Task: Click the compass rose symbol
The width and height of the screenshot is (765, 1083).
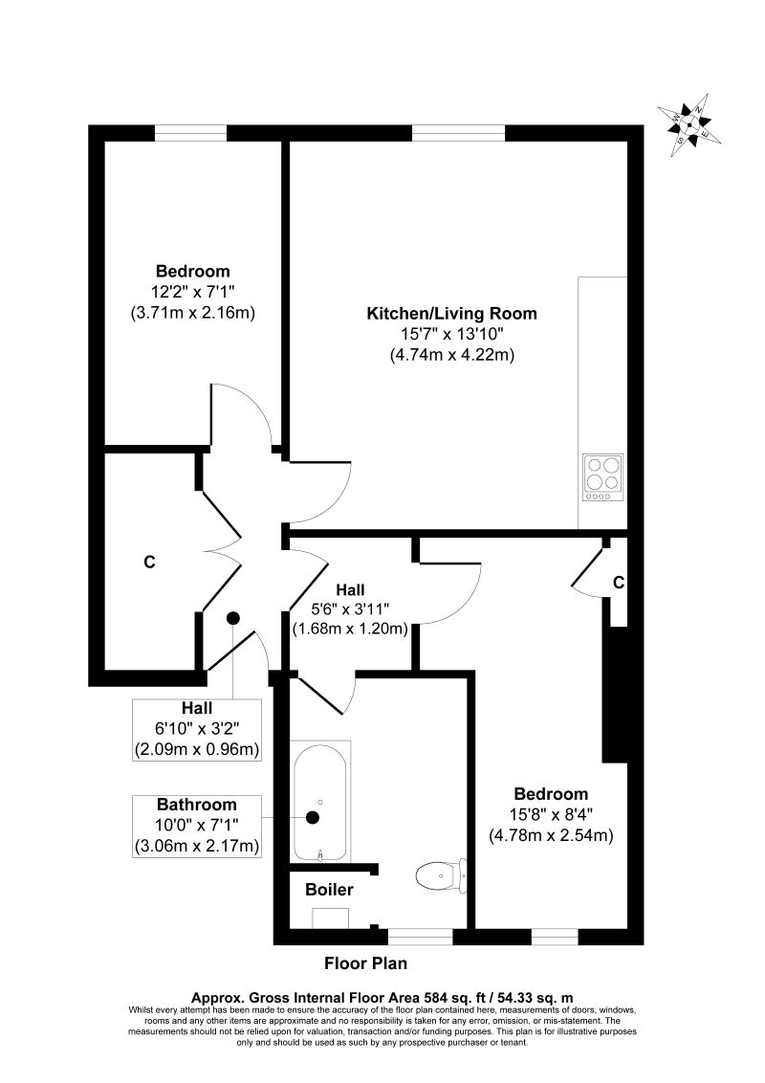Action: [x=690, y=122]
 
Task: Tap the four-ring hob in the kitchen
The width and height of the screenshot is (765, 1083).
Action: [x=602, y=476]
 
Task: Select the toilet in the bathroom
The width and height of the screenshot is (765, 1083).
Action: [x=440, y=873]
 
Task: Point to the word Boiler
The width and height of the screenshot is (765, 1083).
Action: [x=329, y=890]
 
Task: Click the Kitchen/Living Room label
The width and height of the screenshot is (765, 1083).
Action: [x=452, y=313]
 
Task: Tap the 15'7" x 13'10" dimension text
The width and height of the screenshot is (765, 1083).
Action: [x=452, y=334]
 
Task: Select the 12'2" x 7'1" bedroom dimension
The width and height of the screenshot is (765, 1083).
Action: [x=192, y=292]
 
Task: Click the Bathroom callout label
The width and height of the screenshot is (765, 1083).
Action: [x=197, y=804]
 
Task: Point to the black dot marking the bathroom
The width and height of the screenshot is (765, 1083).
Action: [x=313, y=817]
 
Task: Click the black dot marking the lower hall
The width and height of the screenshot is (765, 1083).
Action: [x=233, y=618]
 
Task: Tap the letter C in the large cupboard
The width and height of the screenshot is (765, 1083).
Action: [x=149, y=563]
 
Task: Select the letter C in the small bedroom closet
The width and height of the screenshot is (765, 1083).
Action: [x=619, y=582]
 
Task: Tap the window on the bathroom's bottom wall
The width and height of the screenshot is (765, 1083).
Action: [x=421, y=936]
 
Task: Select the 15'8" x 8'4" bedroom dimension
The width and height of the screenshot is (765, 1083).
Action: [x=550, y=814]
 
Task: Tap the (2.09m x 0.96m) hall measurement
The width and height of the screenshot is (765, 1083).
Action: [x=197, y=748]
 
